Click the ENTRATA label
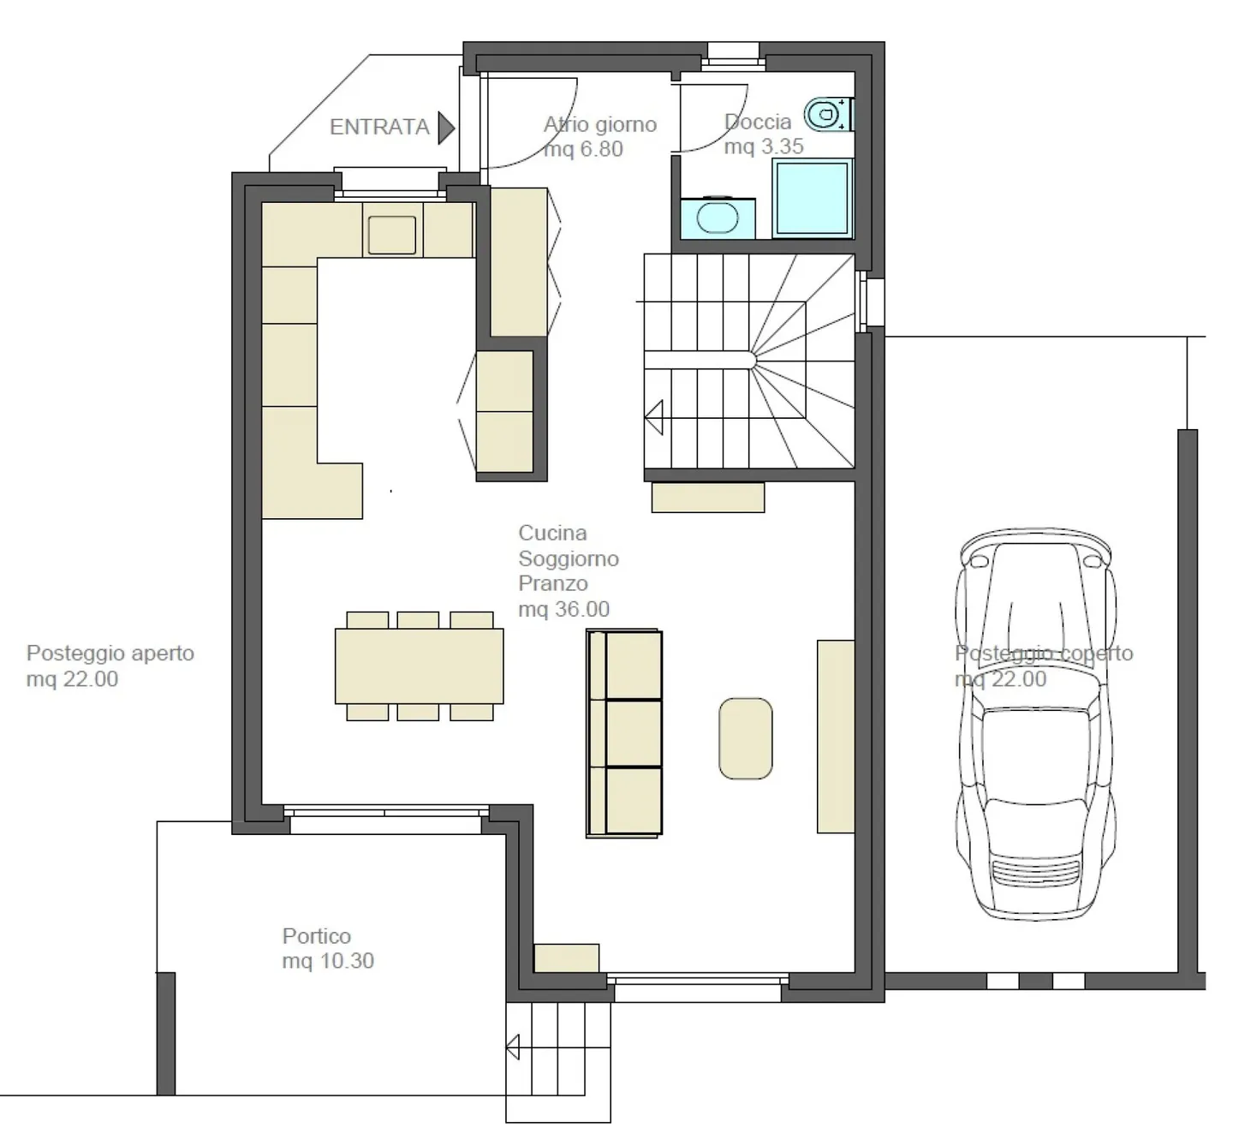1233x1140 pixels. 379,128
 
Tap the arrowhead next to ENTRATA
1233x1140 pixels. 446,128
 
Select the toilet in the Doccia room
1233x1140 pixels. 829,114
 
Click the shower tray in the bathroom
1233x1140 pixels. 812,198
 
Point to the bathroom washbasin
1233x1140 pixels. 718,218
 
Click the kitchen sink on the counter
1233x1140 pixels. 392,235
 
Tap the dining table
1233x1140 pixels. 419,666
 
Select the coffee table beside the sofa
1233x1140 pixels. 746,738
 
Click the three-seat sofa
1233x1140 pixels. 624,733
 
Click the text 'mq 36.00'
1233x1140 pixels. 563,609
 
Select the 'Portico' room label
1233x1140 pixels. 317,935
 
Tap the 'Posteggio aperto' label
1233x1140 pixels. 110,653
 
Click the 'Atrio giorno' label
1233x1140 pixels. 599,125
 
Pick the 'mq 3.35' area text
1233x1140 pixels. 764,146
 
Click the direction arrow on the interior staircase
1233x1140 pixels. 654,417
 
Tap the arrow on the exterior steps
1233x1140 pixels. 513,1047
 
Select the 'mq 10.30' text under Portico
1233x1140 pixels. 328,960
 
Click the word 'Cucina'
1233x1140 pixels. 552,533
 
